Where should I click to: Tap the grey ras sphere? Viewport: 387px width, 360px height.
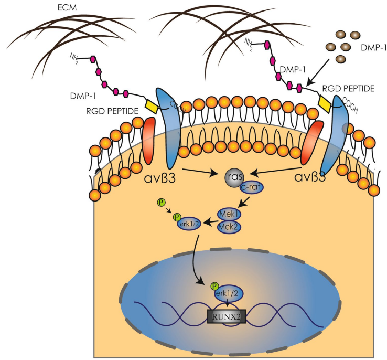pos(234,177)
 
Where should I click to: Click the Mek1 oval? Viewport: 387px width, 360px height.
pos(229,214)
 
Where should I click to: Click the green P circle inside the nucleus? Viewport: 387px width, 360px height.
pos(213,286)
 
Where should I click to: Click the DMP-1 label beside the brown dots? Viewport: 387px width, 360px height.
pos(372,48)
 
